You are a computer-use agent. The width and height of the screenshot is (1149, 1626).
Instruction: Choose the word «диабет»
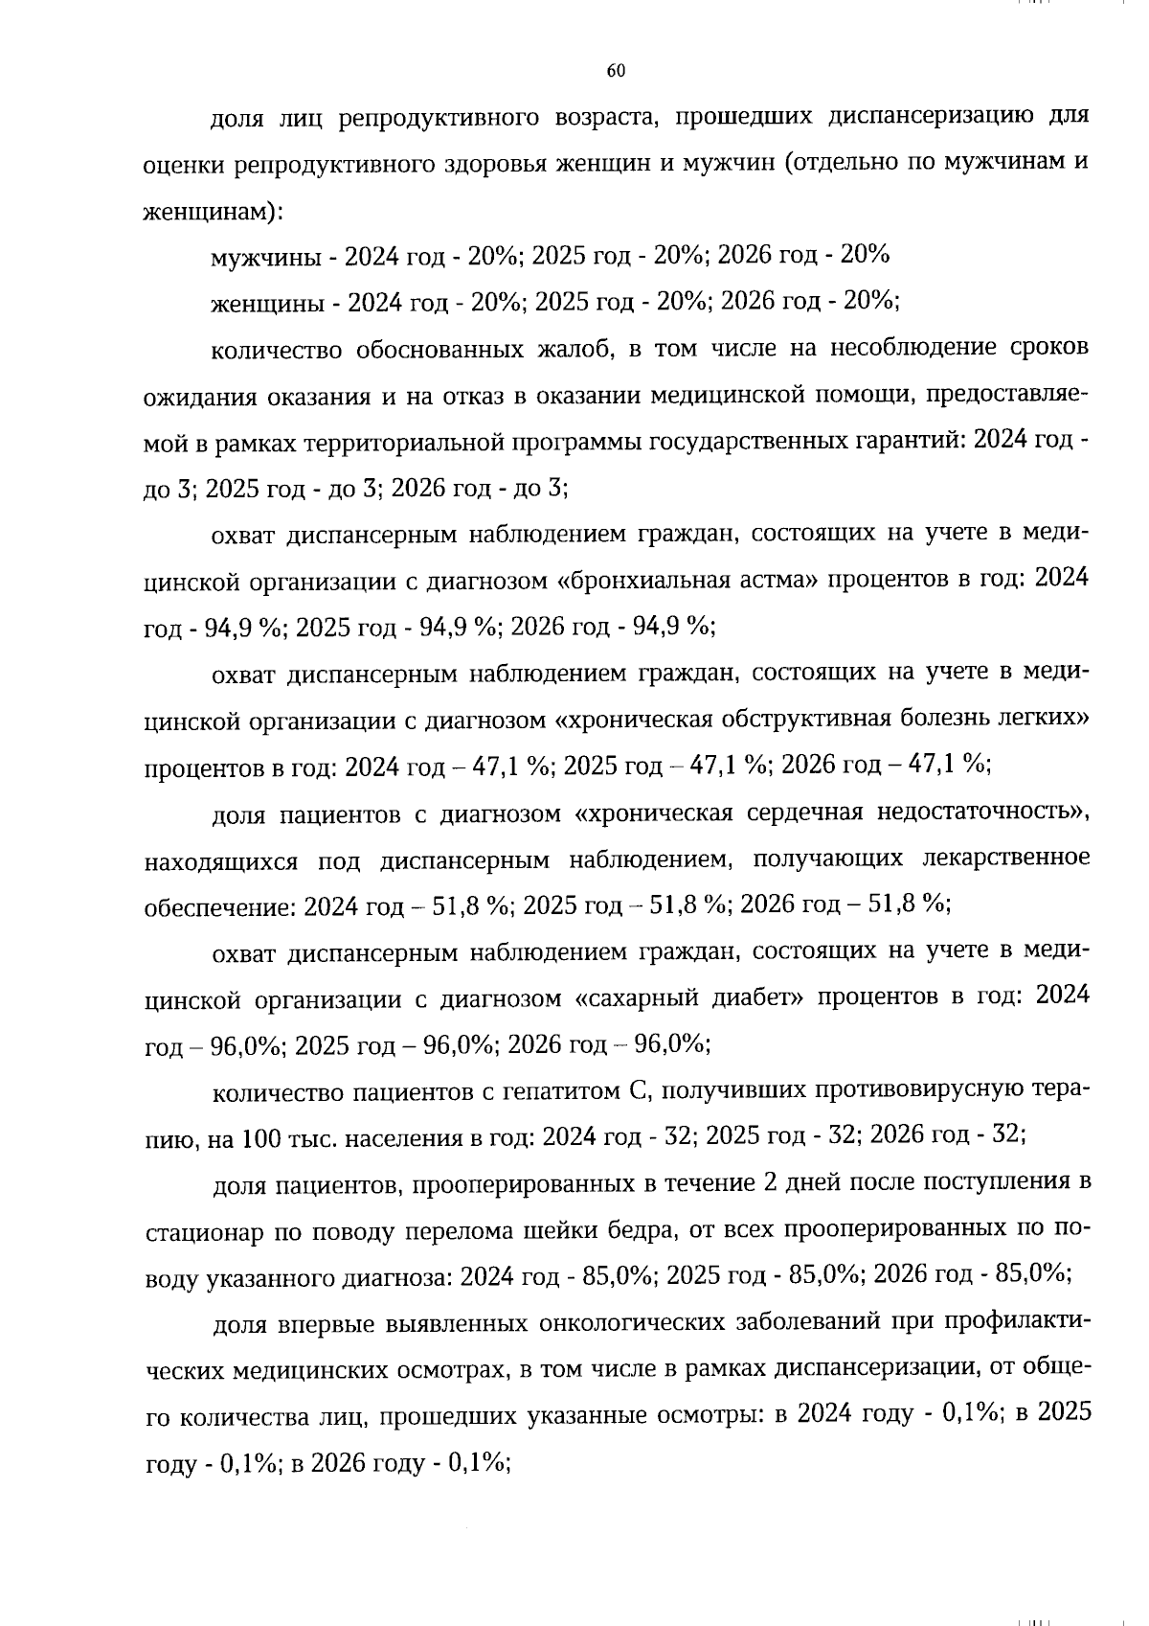click(762, 998)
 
